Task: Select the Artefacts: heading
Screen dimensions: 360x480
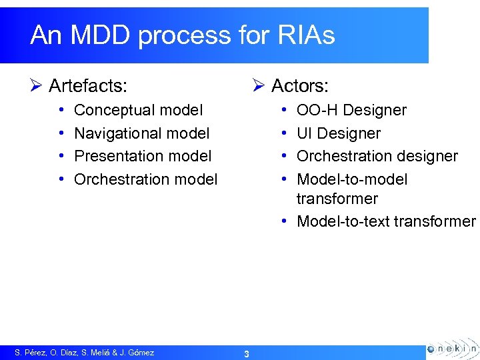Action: (x=89, y=85)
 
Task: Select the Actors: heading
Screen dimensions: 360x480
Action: (x=299, y=85)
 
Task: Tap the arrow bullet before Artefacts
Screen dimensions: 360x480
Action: (x=37, y=85)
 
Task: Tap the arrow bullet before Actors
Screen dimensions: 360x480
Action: (x=259, y=85)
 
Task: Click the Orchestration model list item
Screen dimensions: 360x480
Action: (x=145, y=179)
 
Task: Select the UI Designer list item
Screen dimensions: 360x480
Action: (x=338, y=133)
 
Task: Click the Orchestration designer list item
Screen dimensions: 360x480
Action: (x=377, y=156)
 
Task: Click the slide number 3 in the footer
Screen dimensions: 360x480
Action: (x=246, y=353)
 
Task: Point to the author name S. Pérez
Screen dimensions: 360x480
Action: (x=29, y=353)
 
